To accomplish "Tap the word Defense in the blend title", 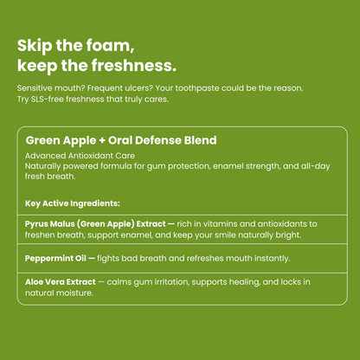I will pos(163,140).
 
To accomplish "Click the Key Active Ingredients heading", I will pos(73,204).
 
